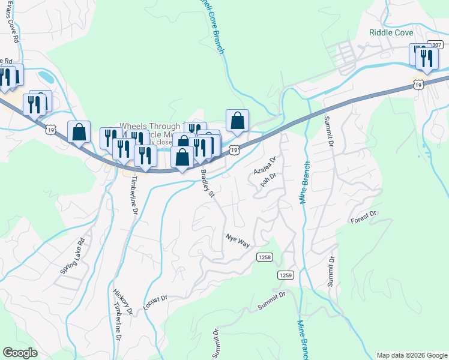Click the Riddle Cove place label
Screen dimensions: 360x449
click(391, 32)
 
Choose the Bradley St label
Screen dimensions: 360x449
click(208, 182)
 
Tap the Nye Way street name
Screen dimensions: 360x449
click(237, 240)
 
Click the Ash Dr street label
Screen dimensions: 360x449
click(268, 180)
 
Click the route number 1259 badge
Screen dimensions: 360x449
click(286, 275)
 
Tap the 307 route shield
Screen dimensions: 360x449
click(435, 45)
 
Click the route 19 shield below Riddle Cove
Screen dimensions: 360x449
click(420, 85)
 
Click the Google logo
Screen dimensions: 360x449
click(20, 353)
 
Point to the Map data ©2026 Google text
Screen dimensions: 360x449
click(411, 355)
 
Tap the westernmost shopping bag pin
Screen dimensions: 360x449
click(79, 131)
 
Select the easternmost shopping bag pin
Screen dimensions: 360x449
click(238, 119)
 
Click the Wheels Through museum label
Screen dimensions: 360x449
click(150, 127)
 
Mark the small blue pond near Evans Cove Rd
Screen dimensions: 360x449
click(44, 77)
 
